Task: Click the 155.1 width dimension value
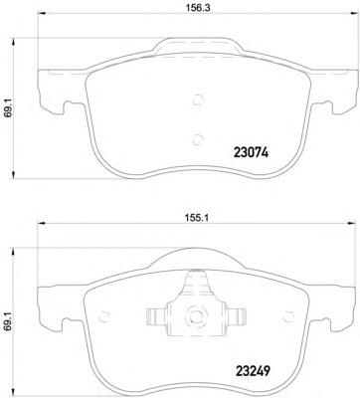point(197,218)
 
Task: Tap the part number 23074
point(251,153)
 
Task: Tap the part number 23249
point(253,370)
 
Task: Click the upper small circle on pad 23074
point(198,99)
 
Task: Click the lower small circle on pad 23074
point(198,139)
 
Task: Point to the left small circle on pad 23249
point(104,316)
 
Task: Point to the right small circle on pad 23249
point(288,316)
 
